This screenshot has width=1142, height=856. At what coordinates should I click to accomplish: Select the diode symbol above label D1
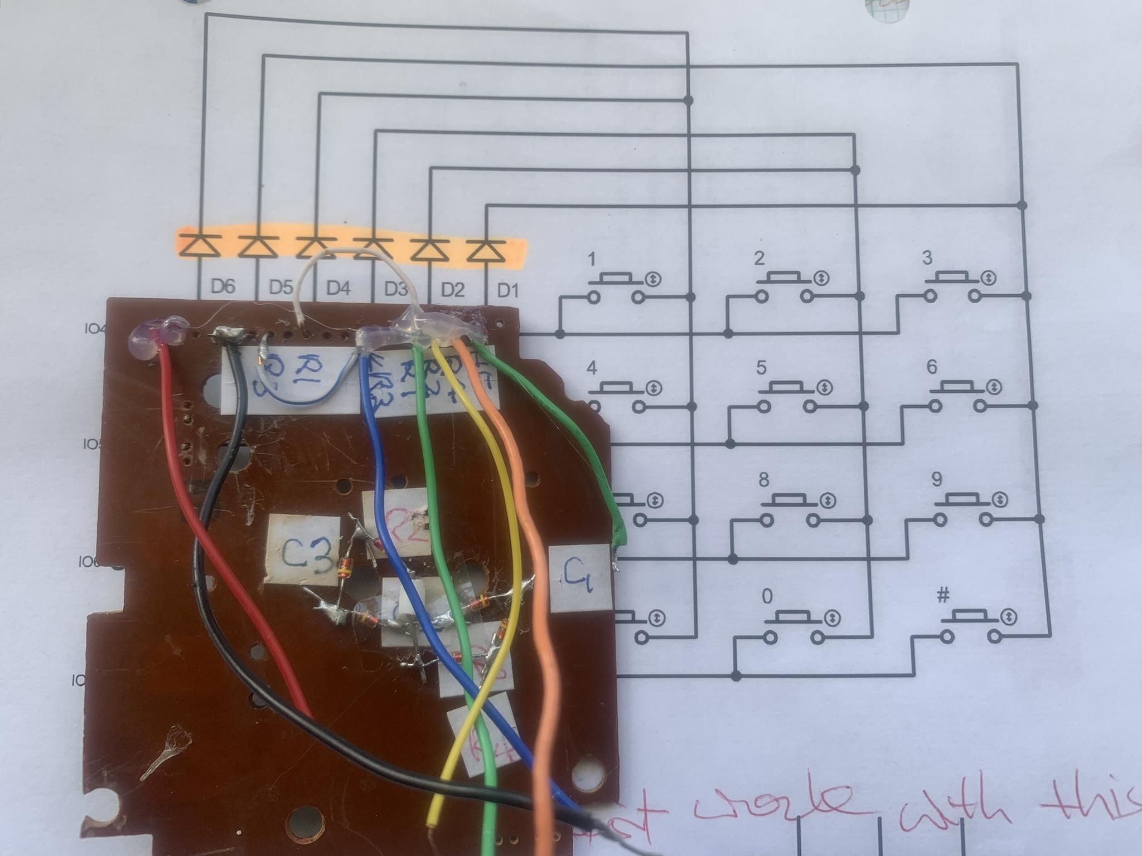[x=486, y=249]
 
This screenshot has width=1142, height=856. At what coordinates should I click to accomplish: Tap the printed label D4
[x=338, y=288]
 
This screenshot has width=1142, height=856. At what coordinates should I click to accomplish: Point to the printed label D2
[x=452, y=290]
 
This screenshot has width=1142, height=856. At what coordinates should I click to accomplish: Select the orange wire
[x=535, y=557]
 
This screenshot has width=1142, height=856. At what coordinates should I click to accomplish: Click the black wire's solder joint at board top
[x=228, y=335]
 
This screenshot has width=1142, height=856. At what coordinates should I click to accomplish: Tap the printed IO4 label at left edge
[x=94, y=329]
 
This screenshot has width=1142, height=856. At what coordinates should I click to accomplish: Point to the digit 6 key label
[x=932, y=367]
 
